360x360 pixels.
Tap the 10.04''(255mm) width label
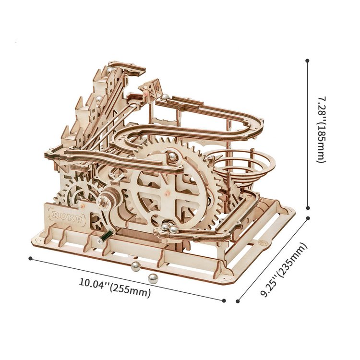click(115, 287)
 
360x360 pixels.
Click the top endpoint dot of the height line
click(307, 61)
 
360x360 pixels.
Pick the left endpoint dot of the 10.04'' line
click(30, 258)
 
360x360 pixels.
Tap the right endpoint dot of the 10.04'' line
click(224, 300)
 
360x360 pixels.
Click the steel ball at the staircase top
click(110, 71)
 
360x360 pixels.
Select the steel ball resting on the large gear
click(171, 156)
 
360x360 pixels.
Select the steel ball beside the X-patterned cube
click(164, 97)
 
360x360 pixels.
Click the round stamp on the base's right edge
click(263, 244)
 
